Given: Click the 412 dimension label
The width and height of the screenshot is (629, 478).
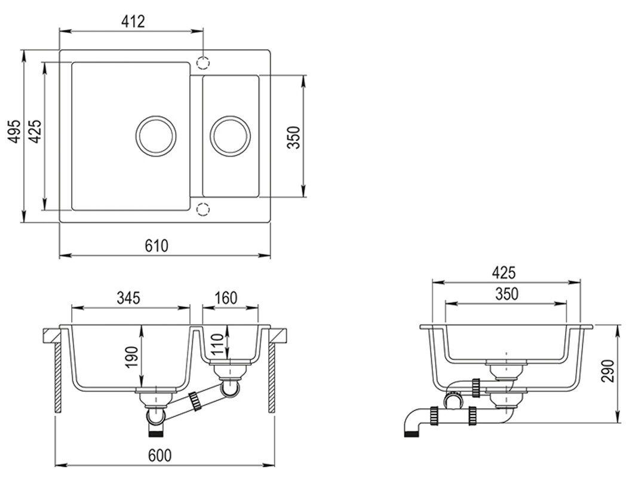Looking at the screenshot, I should click(133, 22).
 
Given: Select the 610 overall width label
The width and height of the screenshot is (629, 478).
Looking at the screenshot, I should click(157, 246).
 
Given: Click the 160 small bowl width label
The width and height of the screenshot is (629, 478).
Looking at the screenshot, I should click(225, 298).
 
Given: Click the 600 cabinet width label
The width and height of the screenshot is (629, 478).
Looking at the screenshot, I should click(159, 455).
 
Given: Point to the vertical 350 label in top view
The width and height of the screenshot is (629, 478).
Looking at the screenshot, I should click(293, 137).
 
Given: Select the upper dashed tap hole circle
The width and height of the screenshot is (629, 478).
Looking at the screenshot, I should click(204, 63).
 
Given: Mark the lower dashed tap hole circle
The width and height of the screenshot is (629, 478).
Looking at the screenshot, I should click(203, 209).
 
